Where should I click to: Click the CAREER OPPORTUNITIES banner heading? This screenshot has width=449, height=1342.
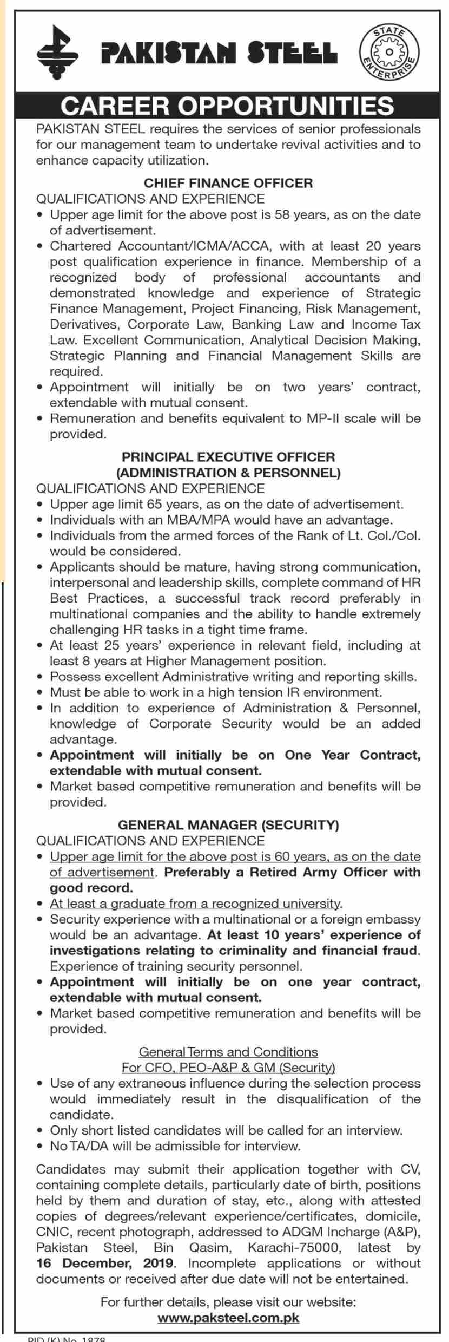[x=227, y=105]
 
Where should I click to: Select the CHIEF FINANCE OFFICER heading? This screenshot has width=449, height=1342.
[x=228, y=183]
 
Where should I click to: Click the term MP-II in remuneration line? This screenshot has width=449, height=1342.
[x=323, y=418]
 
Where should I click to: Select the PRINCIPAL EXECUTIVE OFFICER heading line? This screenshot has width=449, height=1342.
[x=228, y=457]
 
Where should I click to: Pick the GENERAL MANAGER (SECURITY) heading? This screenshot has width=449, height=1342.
[x=228, y=825]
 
